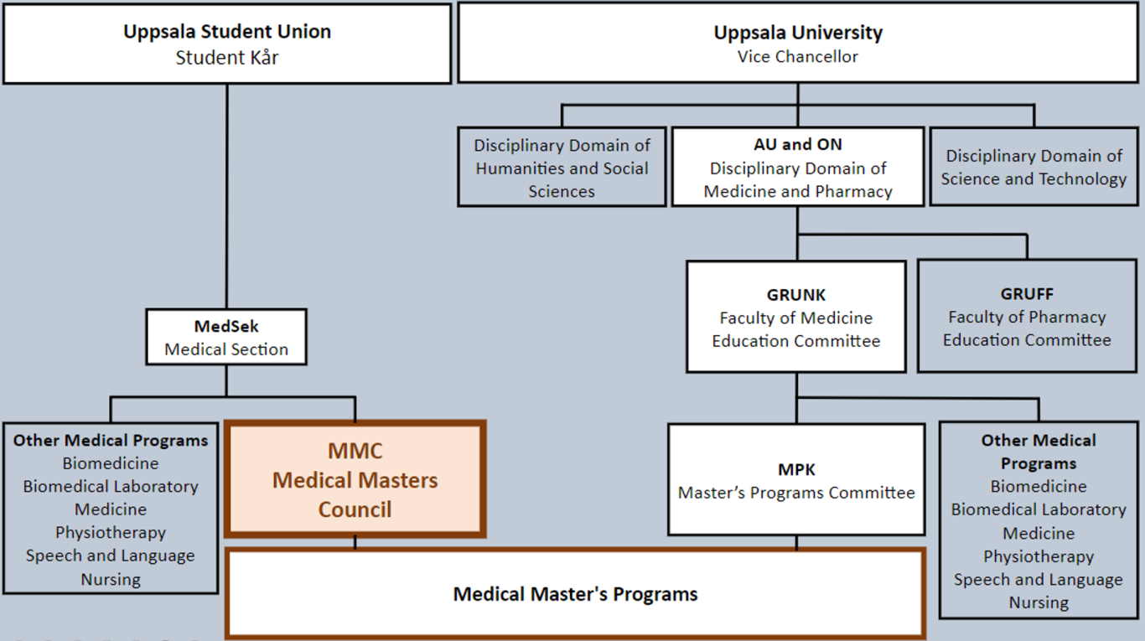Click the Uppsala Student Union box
[227, 44]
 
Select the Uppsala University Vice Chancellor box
[797, 44]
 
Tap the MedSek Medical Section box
[226, 337]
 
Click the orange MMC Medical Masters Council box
[355, 479]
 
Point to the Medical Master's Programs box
[575, 594]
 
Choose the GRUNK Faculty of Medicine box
[795, 318]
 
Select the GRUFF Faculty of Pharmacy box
[1027, 317]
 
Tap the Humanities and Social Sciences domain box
[562, 168]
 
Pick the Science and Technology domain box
[1034, 167]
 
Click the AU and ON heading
[797, 144]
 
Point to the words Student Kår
[227, 57]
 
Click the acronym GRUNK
[795, 295]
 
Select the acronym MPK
[796, 469]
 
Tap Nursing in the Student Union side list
[111, 579]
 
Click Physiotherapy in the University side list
[1039, 556]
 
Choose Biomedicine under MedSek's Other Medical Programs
[111, 463]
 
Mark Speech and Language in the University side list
[1039, 580]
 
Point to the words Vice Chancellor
[797, 57]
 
